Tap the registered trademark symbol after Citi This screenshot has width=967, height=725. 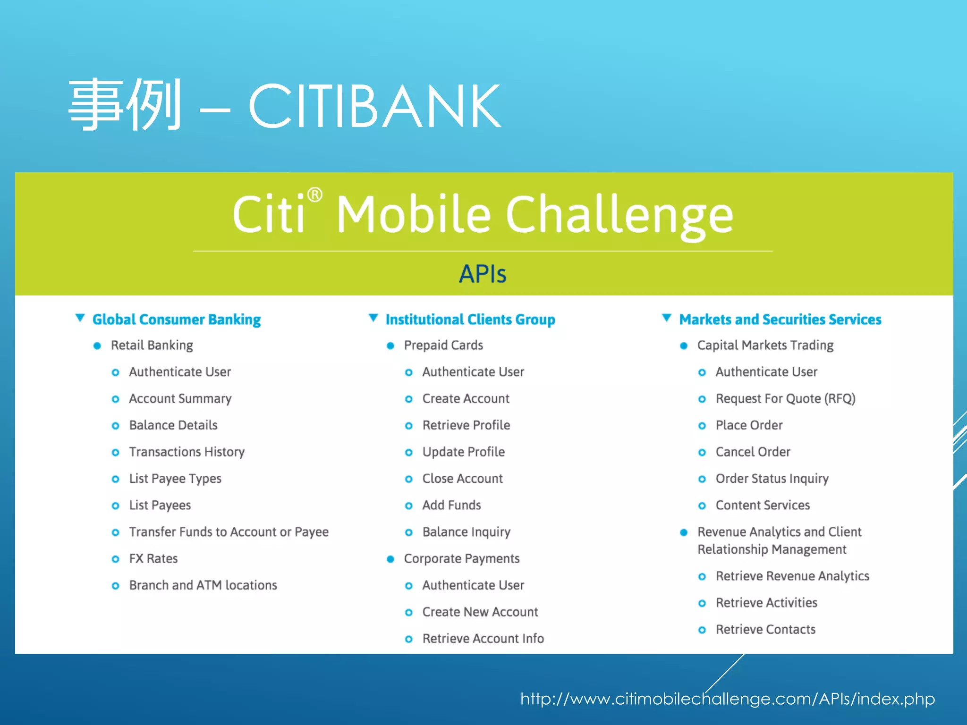[x=315, y=195]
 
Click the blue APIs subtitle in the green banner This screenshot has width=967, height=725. [x=483, y=274]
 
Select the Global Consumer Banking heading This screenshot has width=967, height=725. [x=176, y=320]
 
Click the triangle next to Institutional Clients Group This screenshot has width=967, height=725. [x=373, y=318]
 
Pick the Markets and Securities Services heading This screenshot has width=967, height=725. [x=780, y=320]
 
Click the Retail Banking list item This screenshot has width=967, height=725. [x=152, y=346]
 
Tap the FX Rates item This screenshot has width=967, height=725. [x=153, y=559]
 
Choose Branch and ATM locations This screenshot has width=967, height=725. [x=203, y=585]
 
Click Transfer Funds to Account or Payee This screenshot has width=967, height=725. [x=229, y=532]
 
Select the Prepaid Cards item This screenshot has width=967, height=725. [x=443, y=346]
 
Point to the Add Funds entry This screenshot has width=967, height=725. [x=451, y=506]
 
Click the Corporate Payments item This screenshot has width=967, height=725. [x=461, y=559]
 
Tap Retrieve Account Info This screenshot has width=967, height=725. [x=483, y=639]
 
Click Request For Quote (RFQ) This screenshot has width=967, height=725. [x=785, y=399]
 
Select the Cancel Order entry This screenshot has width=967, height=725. [x=753, y=452]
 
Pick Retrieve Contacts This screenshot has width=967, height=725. [x=765, y=630]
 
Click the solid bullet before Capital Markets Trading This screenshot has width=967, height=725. [x=684, y=346]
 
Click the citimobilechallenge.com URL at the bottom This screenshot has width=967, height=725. [x=727, y=699]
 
